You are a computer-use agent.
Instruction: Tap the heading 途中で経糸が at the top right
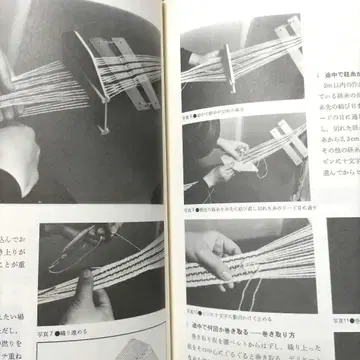[326, 45]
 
